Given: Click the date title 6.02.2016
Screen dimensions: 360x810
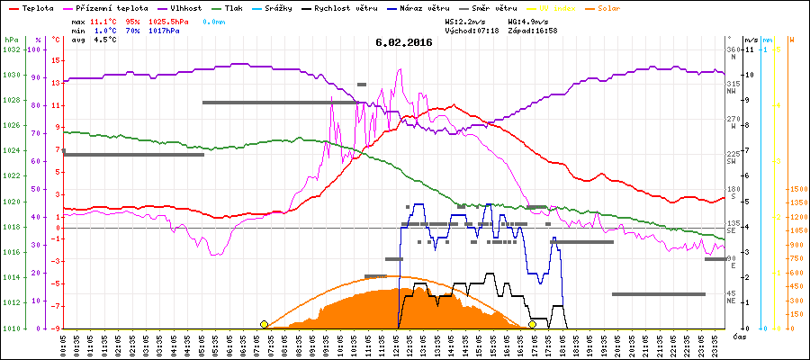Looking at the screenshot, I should tap(404, 41).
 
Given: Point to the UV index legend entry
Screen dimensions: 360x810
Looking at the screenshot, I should tap(540, 8).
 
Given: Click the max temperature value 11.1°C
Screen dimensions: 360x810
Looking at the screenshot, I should tap(103, 20).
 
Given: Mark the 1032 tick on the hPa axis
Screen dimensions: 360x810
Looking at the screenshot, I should tap(11, 49).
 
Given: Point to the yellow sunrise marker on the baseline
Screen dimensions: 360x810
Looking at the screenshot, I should tap(264, 324).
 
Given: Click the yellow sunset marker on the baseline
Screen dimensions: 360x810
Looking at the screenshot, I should tap(533, 324).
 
